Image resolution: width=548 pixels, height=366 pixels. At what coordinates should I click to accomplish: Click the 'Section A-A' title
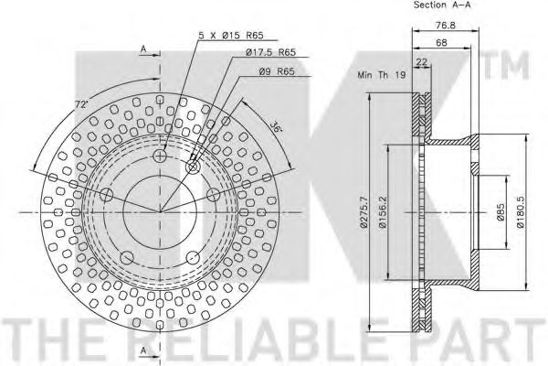click(442, 5)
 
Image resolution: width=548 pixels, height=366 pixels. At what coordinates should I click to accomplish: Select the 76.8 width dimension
click(446, 26)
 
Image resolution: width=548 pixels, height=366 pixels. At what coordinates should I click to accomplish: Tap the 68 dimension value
click(441, 43)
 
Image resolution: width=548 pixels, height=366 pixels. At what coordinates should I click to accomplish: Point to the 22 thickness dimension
click(422, 62)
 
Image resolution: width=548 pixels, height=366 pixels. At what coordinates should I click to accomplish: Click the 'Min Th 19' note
click(381, 75)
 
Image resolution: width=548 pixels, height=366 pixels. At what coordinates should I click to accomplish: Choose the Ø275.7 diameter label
click(364, 212)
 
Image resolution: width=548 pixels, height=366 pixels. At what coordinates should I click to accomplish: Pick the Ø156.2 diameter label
click(383, 212)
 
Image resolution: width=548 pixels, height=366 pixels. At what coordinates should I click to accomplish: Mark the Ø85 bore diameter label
click(501, 212)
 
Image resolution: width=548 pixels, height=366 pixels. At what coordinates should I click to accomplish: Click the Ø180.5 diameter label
click(521, 212)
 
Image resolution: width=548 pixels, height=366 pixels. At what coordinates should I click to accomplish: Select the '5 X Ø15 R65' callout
click(231, 35)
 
